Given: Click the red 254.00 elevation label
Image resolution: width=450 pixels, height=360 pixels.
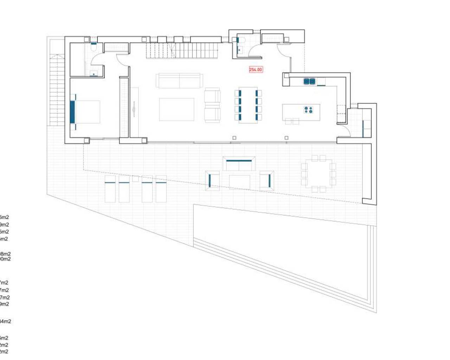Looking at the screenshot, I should click(256, 70).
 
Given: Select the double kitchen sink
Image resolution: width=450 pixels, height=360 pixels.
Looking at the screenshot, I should click(309, 82).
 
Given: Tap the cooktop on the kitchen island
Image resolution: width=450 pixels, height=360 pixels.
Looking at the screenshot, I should click(308, 110).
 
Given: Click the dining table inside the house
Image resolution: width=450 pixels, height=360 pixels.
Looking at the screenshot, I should click(248, 105).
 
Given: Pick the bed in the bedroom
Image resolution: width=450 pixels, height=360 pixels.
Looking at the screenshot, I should click(86, 112).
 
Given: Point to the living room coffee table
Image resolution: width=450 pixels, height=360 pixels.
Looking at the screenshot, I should click(176, 109).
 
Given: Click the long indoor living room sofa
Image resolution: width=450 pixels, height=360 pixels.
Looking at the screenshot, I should click(179, 81).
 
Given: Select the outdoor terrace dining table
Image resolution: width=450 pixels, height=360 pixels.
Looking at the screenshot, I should click(319, 173).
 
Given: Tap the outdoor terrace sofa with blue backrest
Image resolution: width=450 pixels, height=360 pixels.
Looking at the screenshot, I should click(239, 164).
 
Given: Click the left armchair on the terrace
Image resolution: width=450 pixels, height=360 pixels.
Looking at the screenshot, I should click(213, 181).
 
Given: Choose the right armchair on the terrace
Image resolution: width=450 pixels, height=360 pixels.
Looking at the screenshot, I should click(266, 181).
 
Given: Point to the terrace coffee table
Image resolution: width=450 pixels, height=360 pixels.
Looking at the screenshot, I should click(239, 181).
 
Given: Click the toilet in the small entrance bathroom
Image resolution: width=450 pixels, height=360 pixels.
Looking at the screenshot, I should click(240, 40).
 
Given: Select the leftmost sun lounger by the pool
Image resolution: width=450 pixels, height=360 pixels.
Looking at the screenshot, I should click(110, 189).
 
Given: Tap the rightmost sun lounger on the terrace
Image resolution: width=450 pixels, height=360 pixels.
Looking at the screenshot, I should click(161, 189).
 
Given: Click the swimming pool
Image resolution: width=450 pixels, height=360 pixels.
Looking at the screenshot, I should click(281, 246).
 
